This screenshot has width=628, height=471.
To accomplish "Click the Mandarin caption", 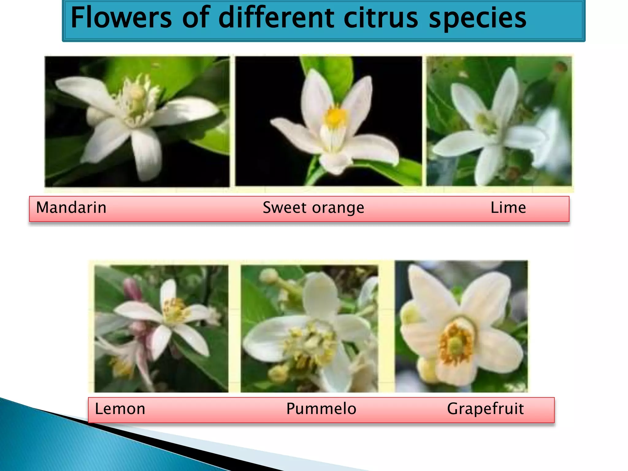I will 71,208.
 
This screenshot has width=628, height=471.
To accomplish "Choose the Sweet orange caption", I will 313,208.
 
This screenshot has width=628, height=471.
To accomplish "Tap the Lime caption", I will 508,208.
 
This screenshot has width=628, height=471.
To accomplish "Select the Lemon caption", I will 120,409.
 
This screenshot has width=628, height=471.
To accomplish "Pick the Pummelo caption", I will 321,409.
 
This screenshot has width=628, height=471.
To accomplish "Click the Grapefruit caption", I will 485,409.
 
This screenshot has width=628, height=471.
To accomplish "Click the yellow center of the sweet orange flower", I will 335,117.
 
